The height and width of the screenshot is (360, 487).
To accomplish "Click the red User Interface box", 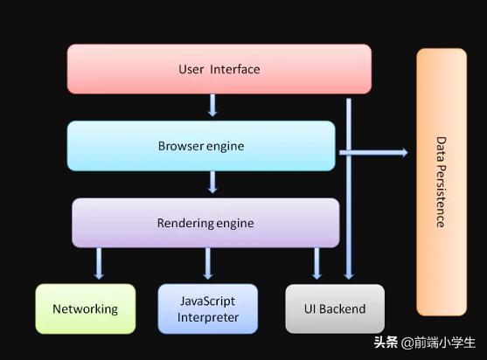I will (219, 69).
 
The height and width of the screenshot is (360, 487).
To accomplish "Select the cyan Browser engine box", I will (201, 145).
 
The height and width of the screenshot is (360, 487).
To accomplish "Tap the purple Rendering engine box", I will (205, 223).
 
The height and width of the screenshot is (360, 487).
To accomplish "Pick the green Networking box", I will (85, 308).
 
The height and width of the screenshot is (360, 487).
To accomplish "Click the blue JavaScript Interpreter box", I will (208, 308).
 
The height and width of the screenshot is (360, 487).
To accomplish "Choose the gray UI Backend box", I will (334, 308).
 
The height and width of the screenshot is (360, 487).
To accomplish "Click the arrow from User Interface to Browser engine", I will (212, 106).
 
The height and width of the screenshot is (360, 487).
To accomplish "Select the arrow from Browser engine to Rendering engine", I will (212, 183).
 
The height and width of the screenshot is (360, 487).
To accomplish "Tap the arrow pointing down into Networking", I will (98, 263).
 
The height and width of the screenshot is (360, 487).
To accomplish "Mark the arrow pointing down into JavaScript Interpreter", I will (208, 263).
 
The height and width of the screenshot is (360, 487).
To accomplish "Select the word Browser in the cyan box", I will (180, 146).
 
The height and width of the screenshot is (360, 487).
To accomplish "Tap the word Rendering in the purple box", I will (184, 223).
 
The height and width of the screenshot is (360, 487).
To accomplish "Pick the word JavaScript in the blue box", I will (208, 301).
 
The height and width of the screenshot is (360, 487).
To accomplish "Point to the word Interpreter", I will (208, 317).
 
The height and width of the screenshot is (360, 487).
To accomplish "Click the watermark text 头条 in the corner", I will (386, 342).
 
